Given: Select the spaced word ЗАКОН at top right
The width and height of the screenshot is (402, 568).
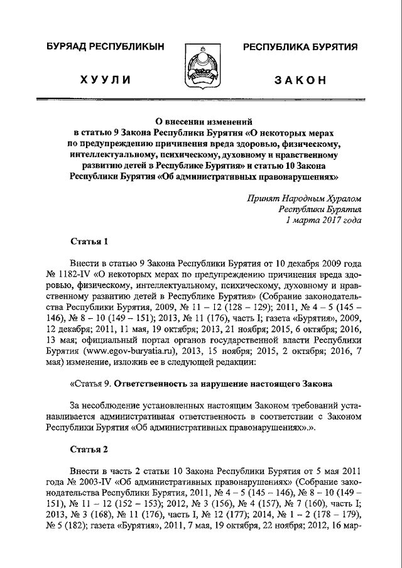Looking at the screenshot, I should tap(300, 80).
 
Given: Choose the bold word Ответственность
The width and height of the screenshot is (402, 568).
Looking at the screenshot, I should tap(153, 383).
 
